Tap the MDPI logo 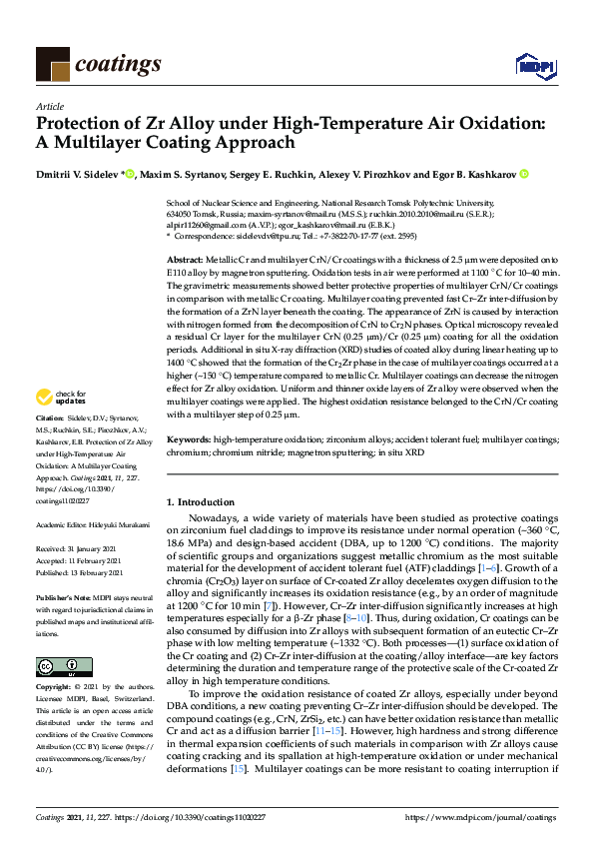(530, 66)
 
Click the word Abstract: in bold (186, 259)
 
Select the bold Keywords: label (190, 438)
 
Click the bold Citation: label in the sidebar (49, 443)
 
